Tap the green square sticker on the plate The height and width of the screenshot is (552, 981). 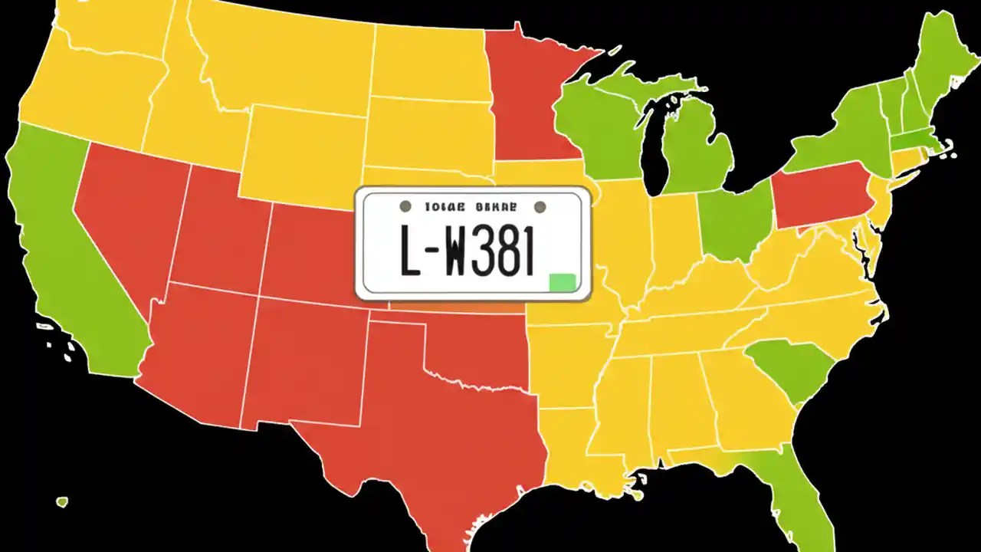point(562,282)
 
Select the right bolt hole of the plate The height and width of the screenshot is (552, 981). point(540,206)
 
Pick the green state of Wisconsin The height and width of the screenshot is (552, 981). point(602,127)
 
